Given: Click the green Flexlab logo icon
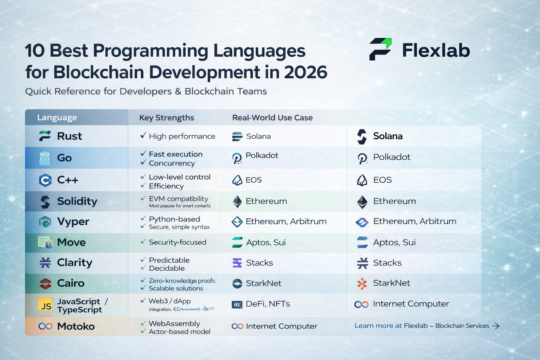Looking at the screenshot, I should point(380,49).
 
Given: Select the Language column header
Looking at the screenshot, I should point(57,118).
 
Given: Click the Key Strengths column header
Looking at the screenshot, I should point(167,118).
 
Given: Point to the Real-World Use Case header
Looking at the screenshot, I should point(272,118).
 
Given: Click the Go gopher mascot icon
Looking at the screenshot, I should point(45,158).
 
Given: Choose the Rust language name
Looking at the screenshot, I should point(70,136).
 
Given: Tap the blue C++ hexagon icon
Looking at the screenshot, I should point(45,180).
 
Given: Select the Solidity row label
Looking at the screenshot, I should point(77,201).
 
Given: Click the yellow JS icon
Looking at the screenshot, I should point(45,304).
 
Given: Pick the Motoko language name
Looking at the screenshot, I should point(76,326).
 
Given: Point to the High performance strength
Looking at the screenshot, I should point(182,136).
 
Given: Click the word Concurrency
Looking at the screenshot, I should point(172,163).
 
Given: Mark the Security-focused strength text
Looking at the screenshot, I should point(178,242).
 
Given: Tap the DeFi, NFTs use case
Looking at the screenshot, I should point(268,304).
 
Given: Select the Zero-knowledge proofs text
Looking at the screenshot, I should point(182,281).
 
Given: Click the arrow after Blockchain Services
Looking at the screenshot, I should point(496,326).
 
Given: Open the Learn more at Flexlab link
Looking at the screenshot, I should point(391,326).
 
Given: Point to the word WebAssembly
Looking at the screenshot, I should point(174,323).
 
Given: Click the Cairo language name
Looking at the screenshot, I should point(71,283).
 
